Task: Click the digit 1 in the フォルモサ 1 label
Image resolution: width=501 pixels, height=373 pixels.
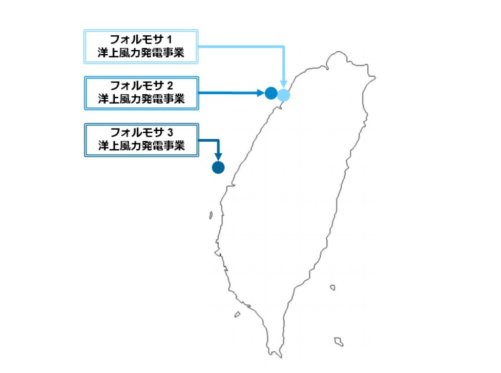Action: click(171, 39)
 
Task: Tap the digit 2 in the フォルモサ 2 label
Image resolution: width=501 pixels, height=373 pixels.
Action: click(171, 85)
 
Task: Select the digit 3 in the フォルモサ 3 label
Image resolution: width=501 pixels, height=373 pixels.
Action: click(171, 131)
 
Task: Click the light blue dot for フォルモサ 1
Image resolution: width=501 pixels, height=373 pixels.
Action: click(283, 94)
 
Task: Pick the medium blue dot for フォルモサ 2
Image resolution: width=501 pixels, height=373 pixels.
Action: click(271, 93)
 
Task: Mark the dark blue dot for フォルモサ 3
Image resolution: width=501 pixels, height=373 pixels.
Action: click(218, 168)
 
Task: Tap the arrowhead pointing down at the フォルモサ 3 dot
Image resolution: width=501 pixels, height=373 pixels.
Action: click(218, 156)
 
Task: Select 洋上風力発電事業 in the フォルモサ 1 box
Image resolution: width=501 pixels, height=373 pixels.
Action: click(141, 53)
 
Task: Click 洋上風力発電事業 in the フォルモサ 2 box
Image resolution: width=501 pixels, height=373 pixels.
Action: click(141, 99)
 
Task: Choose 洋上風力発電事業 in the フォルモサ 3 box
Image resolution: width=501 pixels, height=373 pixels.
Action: click(141, 145)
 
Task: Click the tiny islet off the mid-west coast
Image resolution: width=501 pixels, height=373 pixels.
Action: click(211, 216)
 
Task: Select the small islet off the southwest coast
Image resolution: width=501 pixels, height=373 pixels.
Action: click(237, 315)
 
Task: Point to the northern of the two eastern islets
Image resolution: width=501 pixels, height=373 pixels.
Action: click(333, 287)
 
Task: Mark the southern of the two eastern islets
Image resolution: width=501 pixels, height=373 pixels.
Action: click(338, 341)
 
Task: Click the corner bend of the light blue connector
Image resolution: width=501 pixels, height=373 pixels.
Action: click(283, 47)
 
